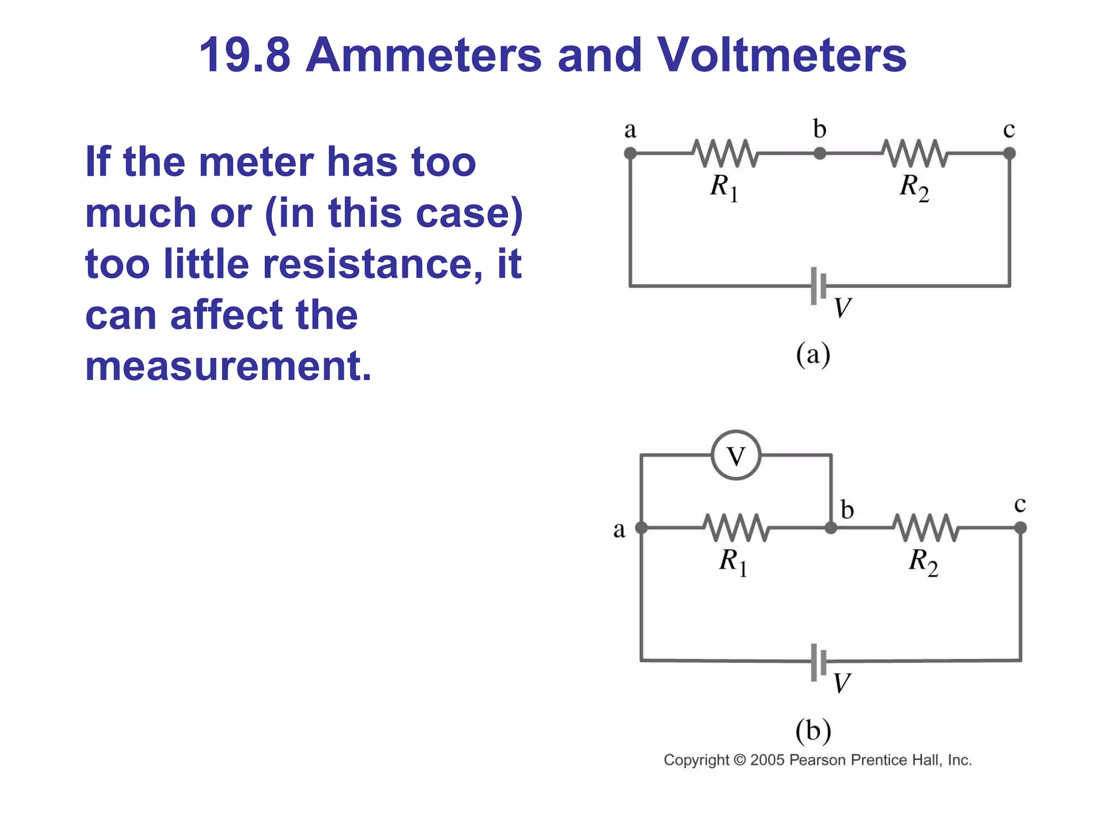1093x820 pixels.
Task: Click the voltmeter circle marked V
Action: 736,455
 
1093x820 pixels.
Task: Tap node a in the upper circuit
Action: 630,154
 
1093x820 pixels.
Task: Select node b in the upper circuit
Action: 820,154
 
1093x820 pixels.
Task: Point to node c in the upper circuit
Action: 1009,154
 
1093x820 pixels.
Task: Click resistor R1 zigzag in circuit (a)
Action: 725,153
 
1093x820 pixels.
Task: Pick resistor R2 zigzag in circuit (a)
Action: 914,153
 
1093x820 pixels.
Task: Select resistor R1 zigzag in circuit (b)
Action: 736,527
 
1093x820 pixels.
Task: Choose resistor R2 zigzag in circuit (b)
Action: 925,527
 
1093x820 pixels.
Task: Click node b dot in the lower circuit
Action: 831,528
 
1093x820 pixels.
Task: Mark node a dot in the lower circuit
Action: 641,528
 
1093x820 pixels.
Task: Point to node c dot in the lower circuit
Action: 1020,528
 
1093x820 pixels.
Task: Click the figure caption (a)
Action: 813,354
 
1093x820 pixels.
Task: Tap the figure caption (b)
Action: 813,730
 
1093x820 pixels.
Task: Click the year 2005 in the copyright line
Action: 767,760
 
